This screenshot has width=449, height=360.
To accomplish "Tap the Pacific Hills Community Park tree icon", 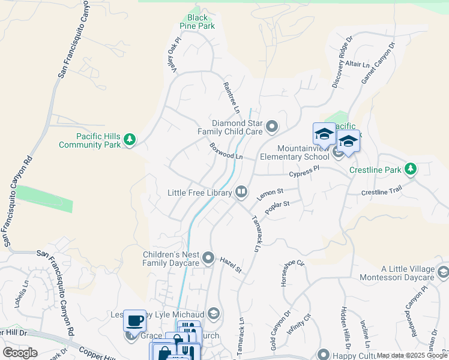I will tap(129, 140).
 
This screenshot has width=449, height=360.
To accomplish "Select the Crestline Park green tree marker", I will tap(411, 169).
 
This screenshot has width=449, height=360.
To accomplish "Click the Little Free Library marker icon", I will tap(241, 191).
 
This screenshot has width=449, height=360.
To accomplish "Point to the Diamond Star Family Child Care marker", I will tap(272, 126).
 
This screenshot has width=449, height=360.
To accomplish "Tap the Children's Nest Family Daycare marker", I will tap(208, 258).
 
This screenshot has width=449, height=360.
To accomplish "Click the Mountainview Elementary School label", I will tap(295, 152).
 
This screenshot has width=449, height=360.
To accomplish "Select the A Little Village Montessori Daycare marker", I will tap(443, 272).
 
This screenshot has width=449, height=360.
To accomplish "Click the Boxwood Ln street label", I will tap(226, 151).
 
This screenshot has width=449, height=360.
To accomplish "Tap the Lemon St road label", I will tap(270, 193).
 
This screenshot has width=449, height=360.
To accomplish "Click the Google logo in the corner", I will tap(20, 353).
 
